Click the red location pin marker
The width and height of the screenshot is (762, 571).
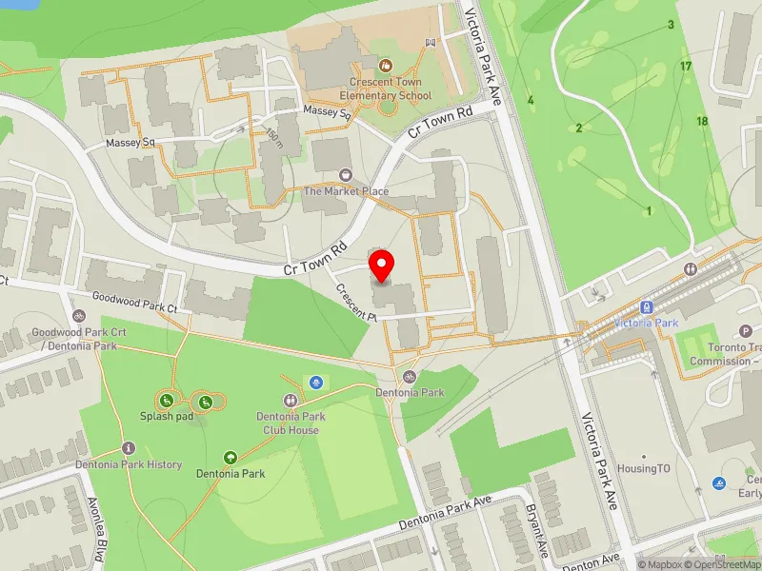click(x=382, y=266)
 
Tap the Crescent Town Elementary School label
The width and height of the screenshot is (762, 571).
click(x=386, y=89)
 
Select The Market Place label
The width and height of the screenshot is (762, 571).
click(x=346, y=191)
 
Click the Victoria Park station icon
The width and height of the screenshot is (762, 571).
click(x=647, y=306)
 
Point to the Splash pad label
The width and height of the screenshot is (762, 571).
click(x=167, y=416)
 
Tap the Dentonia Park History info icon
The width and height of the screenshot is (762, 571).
click(x=129, y=447)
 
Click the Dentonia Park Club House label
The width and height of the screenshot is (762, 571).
click(x=291, y=423)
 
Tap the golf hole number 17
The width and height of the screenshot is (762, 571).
click(x=686, y=66)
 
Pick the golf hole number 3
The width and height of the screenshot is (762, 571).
click(x=671, y=25)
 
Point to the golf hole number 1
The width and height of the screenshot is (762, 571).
click(x=649, y=210)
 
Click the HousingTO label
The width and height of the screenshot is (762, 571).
click(x=643, y=469)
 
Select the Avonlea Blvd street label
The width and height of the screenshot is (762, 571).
click(x=96, y=529)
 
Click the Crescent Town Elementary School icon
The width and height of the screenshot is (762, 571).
click(x=386, y=65)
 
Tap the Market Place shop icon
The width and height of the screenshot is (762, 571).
click(x=346, y=175)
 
